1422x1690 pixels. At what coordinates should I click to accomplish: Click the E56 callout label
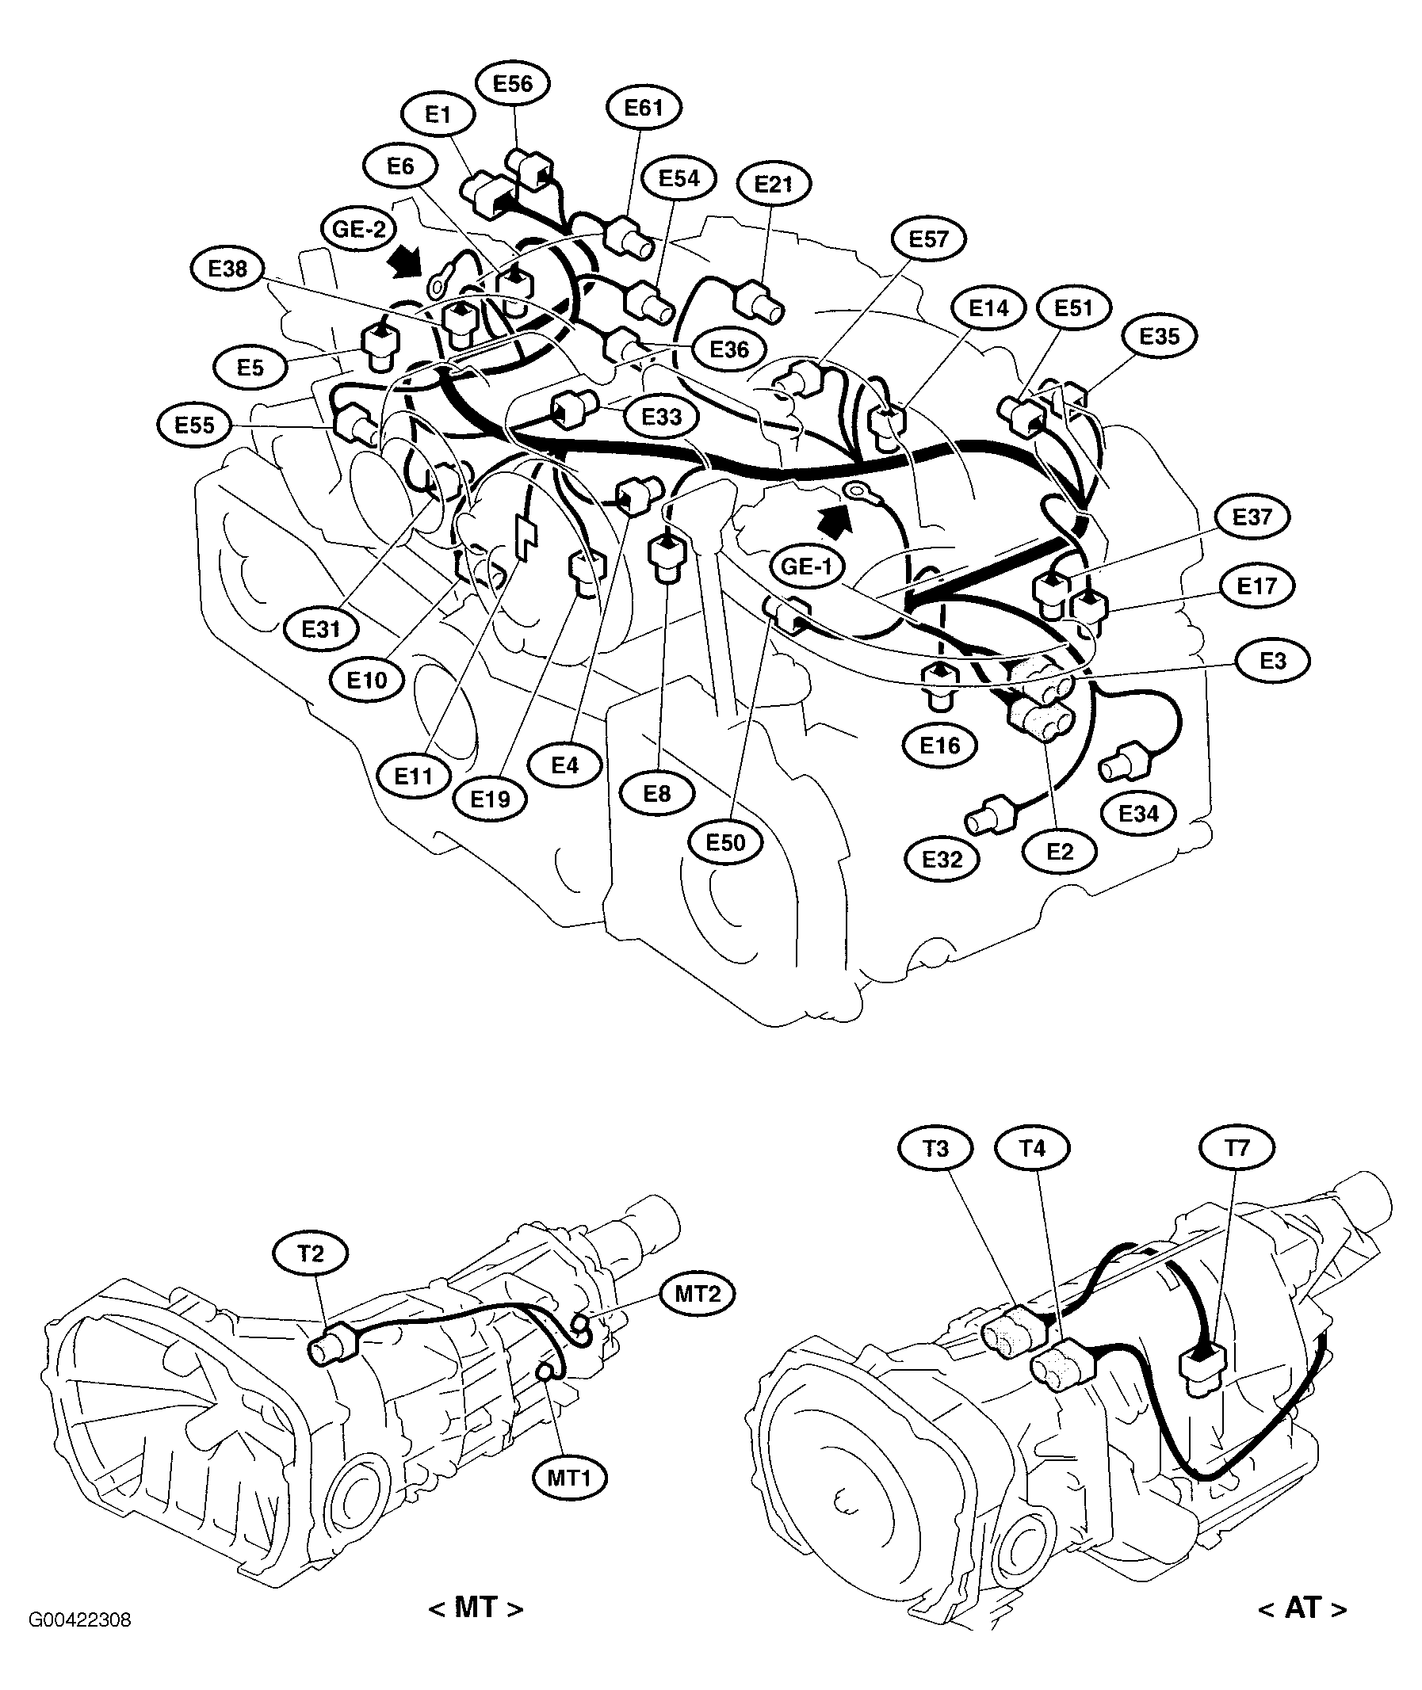513,84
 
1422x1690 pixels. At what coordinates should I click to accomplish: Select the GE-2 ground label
359,230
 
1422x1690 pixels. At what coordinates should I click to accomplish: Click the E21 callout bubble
774,185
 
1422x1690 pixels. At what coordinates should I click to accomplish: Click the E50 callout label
725,843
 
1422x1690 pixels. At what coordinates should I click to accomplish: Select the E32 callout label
942,860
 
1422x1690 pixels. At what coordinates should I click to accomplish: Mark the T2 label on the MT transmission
311,1254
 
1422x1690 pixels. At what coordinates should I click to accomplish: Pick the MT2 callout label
698,1295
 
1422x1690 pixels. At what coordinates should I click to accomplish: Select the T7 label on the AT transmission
1237,1147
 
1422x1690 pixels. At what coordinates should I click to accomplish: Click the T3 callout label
935,1148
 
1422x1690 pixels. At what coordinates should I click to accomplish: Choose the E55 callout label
194,425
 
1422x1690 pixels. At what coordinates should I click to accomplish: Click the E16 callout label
940,746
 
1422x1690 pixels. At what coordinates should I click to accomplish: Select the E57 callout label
929,239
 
